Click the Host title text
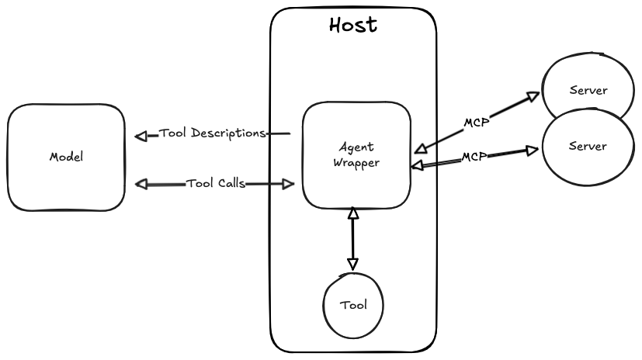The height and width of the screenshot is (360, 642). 353,25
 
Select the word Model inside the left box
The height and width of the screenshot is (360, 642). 66,157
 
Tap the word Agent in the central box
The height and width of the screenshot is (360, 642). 356,146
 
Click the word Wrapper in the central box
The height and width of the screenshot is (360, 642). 356,164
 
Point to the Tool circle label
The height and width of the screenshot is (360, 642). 353,304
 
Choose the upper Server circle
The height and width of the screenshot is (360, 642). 588,89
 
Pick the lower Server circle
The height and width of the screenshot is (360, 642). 588,146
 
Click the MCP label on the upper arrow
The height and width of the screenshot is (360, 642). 477,123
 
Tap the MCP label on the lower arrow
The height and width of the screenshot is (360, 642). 474,157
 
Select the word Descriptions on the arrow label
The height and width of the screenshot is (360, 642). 228,133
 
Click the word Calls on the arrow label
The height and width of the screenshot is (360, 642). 231,184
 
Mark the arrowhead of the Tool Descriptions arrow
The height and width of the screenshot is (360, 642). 141,137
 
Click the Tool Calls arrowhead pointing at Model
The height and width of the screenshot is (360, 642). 141,184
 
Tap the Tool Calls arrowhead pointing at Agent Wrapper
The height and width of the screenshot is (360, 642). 288,184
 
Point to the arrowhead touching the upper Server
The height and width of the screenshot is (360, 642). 533,96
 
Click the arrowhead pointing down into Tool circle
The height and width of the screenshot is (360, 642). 352,263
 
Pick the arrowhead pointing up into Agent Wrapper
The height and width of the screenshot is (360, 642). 352,212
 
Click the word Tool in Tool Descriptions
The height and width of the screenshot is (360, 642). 173,133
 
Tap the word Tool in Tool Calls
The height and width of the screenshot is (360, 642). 199,184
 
